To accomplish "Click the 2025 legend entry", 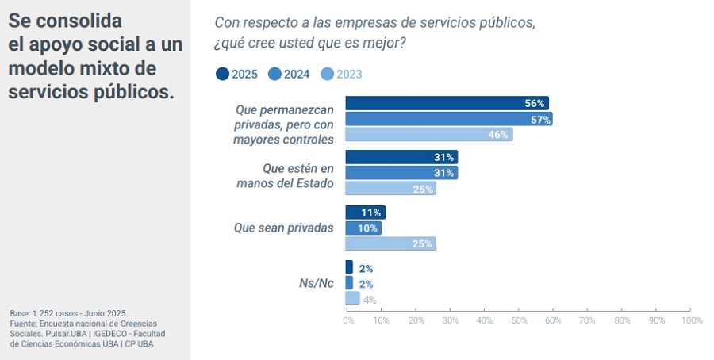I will click(x=236, y=74).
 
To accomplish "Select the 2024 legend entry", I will click(x=289, y=74).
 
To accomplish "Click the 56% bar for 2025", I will click(x=447, y=103).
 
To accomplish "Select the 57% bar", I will click(x=448, y=119).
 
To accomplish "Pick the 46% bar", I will click(x=429, y=134).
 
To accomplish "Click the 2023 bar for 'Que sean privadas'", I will click(x=390, y=243).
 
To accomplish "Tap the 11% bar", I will click(x=365, y=212).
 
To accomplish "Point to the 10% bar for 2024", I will click(x=363, y=228).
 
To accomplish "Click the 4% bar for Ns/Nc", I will click(x=352, y=298).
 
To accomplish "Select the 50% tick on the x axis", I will click(x=520, y=320).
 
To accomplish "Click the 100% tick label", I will click(x=691, y=320).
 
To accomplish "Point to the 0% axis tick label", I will click(x=347, y=320).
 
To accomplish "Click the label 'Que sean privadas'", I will click(x=283, y=228).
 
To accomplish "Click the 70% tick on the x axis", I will click(x=588, y=320).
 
